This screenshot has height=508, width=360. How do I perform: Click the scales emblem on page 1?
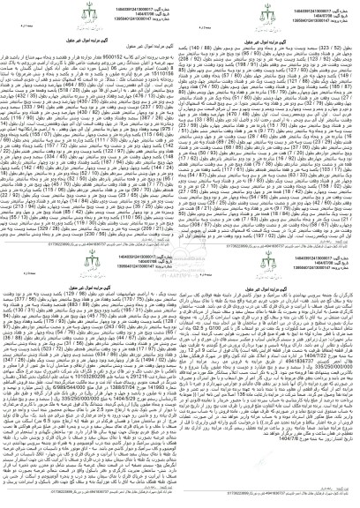(x=89, y=18)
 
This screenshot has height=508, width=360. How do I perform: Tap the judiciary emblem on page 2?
(x=269, y=18)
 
